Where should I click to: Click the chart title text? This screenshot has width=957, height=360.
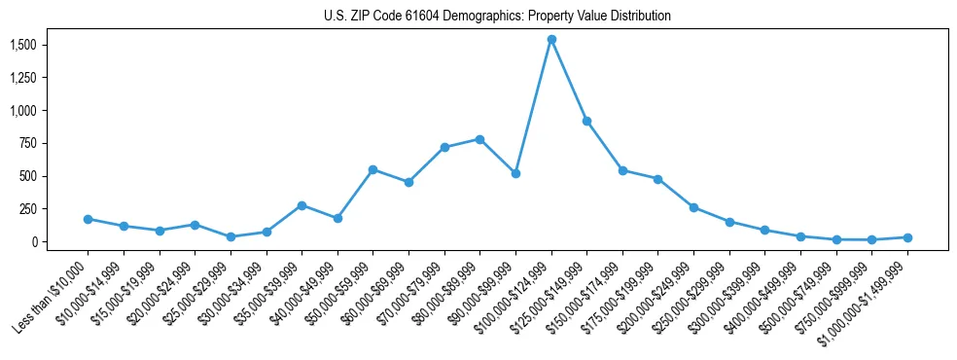(497, 17)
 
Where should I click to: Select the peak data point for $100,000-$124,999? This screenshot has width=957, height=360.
(551, 40)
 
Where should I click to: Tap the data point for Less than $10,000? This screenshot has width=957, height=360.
(88, 219)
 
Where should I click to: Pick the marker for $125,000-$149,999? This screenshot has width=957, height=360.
(586, 121)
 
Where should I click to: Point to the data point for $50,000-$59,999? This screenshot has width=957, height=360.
(372, 169)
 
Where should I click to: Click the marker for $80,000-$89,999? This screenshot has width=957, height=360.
(479, 139)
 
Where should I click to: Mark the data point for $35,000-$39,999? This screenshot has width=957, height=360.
(301, 205)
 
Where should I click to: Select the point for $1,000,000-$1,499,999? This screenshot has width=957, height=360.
(907, 237)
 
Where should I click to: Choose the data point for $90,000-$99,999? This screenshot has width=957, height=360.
(515, 173)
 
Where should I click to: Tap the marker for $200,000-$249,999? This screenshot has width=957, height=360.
(693, 207)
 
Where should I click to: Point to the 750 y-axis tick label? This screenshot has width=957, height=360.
(27, 144)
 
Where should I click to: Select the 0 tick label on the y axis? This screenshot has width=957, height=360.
(33, 242)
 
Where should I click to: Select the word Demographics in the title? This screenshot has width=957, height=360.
(483, 17)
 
